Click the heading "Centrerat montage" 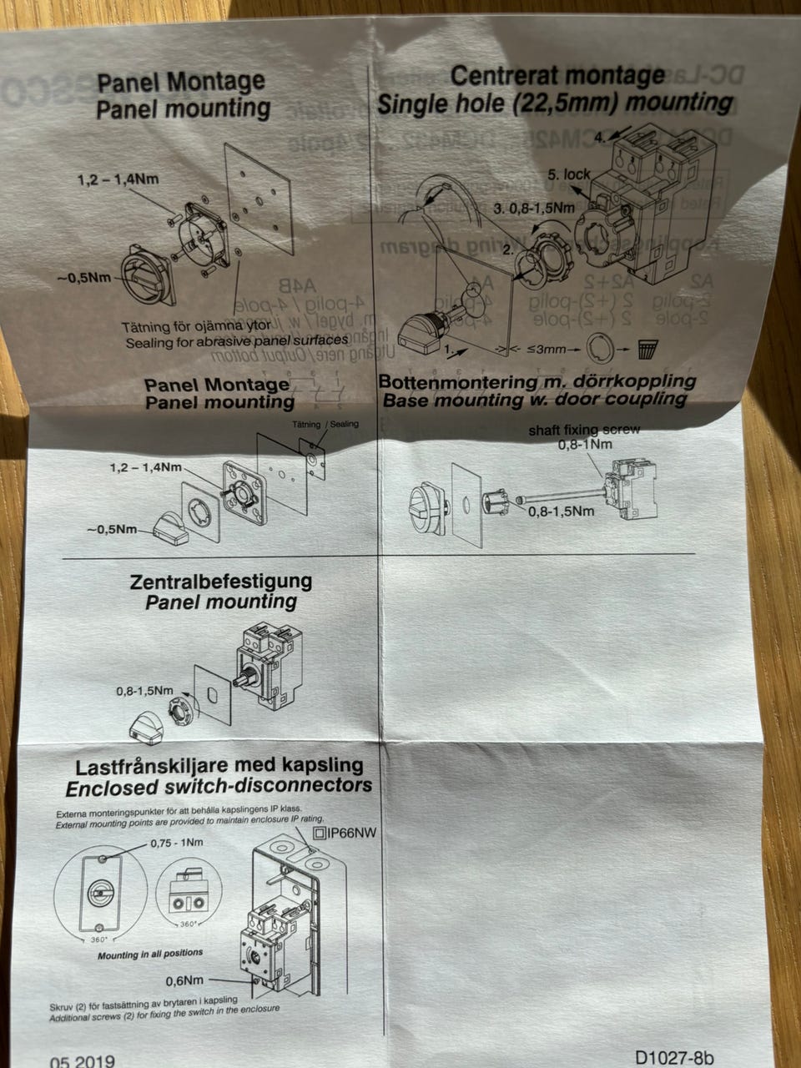[557, 76]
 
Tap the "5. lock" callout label [569, 174]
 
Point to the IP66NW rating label [345, 832]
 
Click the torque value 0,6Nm [185, 980]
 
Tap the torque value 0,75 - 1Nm [176, 843]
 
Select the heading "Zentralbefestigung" [221, 581]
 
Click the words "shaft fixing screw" [584, 430]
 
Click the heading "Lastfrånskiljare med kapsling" [219, 765]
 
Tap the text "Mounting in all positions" [150, 953]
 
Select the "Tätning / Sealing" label [325, 424]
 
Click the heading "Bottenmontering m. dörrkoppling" [537, 381]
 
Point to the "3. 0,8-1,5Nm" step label [533, 207]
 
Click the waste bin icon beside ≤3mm [647, 347]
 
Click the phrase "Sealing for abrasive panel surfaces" [236, 341]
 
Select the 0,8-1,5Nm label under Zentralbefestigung [145, 691]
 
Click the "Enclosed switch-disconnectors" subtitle [219, 786]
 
